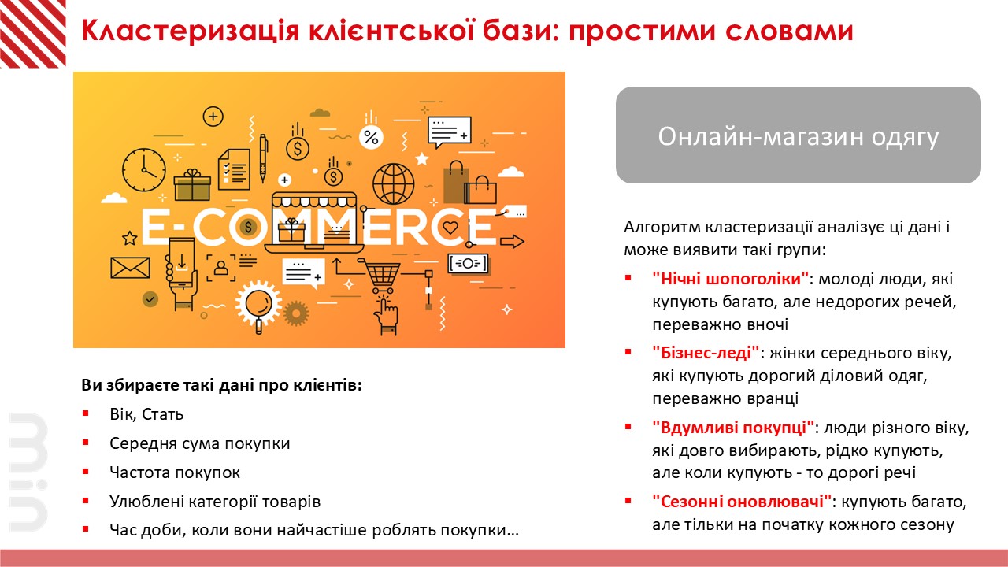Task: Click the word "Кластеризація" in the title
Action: click(190, 31)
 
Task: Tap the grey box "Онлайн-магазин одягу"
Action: click(799, 135)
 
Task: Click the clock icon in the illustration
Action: click(144, 170)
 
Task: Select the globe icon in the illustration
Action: click(393, 183)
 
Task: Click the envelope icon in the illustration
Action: click(130, 268)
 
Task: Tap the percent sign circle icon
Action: click(371, 137)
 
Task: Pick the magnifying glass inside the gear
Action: click(260, 306)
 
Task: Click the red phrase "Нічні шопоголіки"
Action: click(730, 279)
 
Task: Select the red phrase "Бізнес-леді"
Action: click(706, 353)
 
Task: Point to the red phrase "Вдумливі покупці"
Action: click(733, 428)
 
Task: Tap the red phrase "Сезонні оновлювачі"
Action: click(742, 502)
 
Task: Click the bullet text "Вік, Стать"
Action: click(146, 414)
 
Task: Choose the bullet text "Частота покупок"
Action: click(175, 472)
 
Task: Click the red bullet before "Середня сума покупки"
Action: click(86, 443)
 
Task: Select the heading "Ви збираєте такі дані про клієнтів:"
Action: click(221, 385)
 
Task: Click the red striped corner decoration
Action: click(33, 34)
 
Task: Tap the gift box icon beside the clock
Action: click(192, 184)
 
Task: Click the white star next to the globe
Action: click(421, 159)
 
